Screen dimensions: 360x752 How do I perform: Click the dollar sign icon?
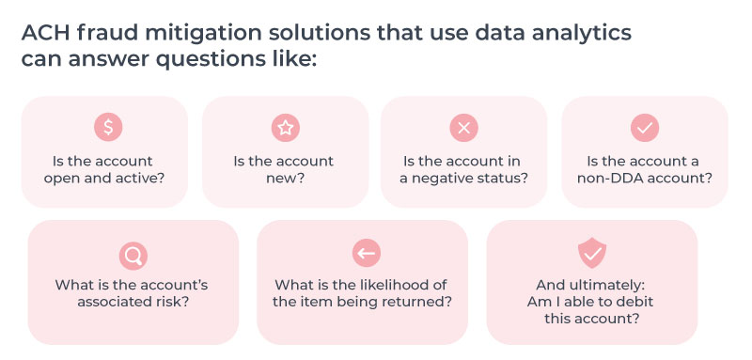coord(108,127)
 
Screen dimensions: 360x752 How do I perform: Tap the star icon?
coord(284,127)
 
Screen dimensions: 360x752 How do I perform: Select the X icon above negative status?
coord(463,127)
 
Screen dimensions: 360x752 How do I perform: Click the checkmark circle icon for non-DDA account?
coord(645,127)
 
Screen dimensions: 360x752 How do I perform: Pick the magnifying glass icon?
coord(133,254)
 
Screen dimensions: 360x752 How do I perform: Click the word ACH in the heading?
coord(43,32)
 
